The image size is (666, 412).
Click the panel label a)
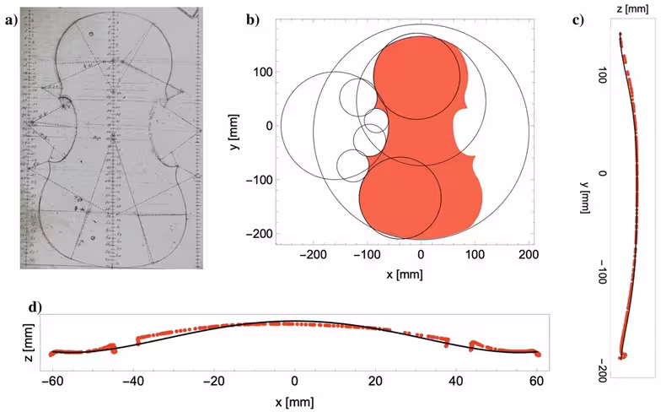point(10,23)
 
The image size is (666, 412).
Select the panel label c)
point(578,21)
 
